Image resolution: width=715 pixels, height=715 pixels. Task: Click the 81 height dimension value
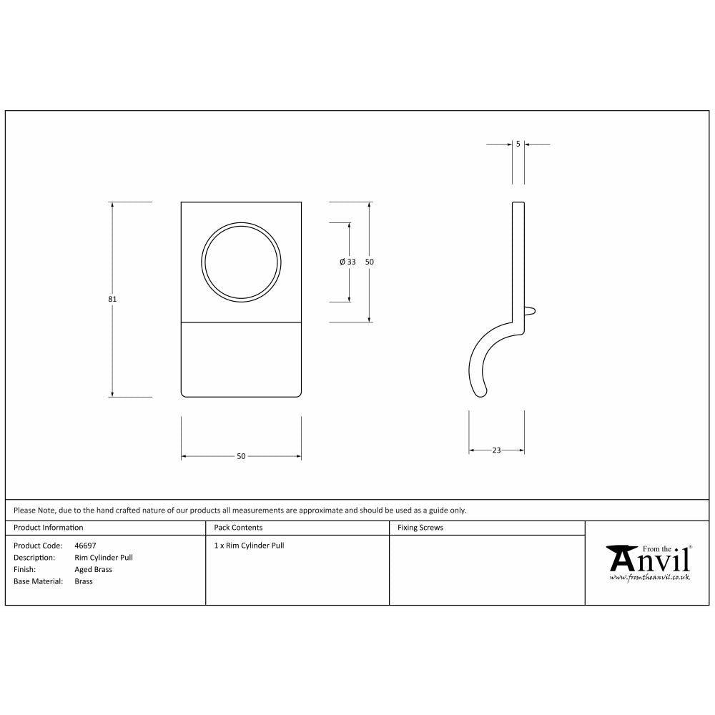[112, 299]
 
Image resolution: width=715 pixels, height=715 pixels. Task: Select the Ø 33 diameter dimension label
[348, 262]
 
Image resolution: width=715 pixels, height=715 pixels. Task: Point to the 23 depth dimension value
[496, 450]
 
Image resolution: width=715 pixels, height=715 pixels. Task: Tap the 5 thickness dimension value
[518, 144]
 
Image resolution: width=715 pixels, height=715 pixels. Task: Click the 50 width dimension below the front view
[241, 456]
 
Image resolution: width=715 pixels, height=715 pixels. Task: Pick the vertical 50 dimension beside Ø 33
[370, 262]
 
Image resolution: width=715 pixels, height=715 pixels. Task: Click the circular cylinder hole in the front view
[241, 261]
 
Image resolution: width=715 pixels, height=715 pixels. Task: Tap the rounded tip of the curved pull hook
[481, 391]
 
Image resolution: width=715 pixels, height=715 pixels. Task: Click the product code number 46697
[85, 546]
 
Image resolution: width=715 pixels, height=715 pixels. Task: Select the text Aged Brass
[93, 570]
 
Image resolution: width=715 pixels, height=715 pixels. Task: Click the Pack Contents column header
[238, 528]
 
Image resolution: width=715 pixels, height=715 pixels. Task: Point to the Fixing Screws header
[420, 528]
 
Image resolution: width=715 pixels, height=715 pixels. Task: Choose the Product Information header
[49, 528]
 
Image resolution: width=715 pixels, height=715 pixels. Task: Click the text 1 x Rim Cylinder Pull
[249, 546]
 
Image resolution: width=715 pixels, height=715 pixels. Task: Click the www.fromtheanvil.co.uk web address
[649, 576]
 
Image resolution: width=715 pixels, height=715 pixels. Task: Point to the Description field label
[34, 558]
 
